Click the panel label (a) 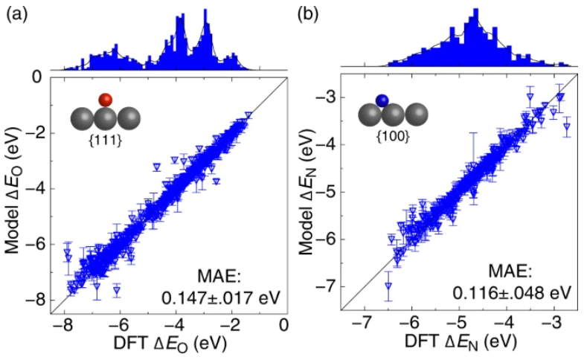pyautogui.click(x=16, y=12)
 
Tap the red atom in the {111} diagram pyautogui.click(x=106, y=100)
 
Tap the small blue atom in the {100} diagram pyautogui.click(x=382, y=100)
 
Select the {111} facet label pyautogui.click(x=106, y=138)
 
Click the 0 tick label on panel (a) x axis pyautogui.click(x=285, y=327)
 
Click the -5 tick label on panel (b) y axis pyautogui.click(x=327, y=192)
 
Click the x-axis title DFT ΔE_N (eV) pyautogui.click(x=458, y=343)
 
